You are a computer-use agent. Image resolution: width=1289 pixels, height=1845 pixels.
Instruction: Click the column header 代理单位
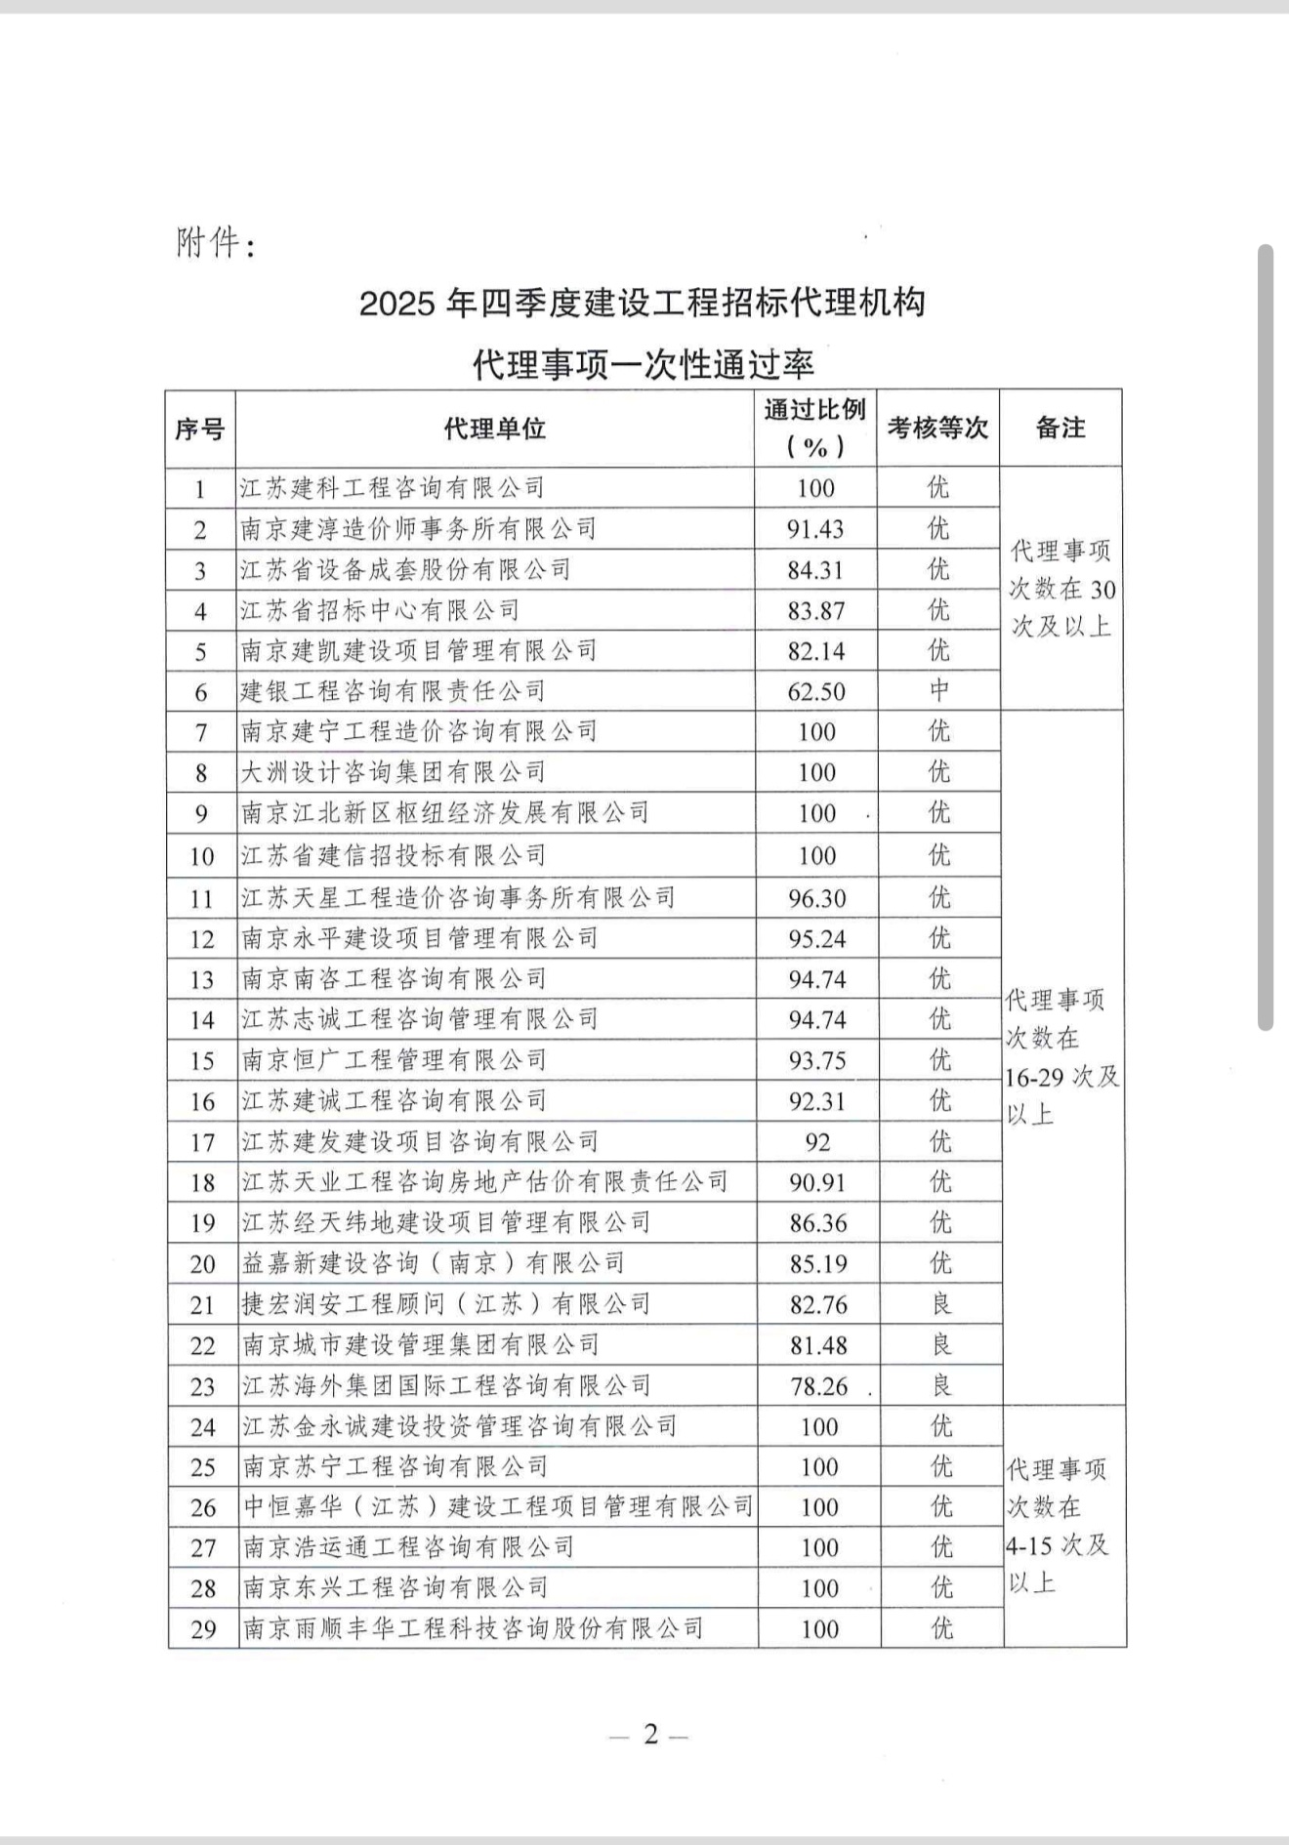[x=494, y=429]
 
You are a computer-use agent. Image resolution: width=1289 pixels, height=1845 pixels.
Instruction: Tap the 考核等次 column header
[x=937, y=429]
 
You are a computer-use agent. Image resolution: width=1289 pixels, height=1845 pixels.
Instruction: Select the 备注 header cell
[x=1060, y=429]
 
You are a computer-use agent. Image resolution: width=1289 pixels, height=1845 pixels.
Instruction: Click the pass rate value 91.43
[x=815, y=529]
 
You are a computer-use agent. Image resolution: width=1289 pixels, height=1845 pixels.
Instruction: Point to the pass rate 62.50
[x=816, y=692]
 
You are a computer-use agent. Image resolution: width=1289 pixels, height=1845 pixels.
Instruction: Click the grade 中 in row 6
[x=938, y=691]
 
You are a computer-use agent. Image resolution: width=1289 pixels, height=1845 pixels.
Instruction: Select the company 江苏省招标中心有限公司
[x=381, y=611]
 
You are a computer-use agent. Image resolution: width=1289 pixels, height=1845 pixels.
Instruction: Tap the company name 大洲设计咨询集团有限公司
[x=394, y=773]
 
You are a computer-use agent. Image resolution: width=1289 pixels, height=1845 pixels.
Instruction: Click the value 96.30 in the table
[x=817, y=898]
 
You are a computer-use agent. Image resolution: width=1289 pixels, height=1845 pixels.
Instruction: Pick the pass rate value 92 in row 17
[x=817, y=1142]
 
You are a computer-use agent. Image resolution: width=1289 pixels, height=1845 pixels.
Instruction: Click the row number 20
[x=202, y=1264]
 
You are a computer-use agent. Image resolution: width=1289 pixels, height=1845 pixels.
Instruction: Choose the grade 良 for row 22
[x=941, y=1345]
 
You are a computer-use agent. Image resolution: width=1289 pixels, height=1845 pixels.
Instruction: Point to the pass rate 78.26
[x=818, y=1386]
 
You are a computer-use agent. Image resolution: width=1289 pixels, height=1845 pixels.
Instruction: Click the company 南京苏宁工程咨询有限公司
[x=395, y=1467]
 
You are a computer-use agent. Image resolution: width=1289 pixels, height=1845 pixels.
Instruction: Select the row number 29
[x=203, y=1629]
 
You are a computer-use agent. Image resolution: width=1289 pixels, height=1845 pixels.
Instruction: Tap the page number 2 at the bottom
[x=650, y=1735]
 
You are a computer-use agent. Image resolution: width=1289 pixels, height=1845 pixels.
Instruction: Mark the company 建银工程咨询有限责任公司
[x=394, y=692]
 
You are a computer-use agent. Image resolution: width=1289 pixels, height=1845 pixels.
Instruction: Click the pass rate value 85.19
[x=818, y=1264]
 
